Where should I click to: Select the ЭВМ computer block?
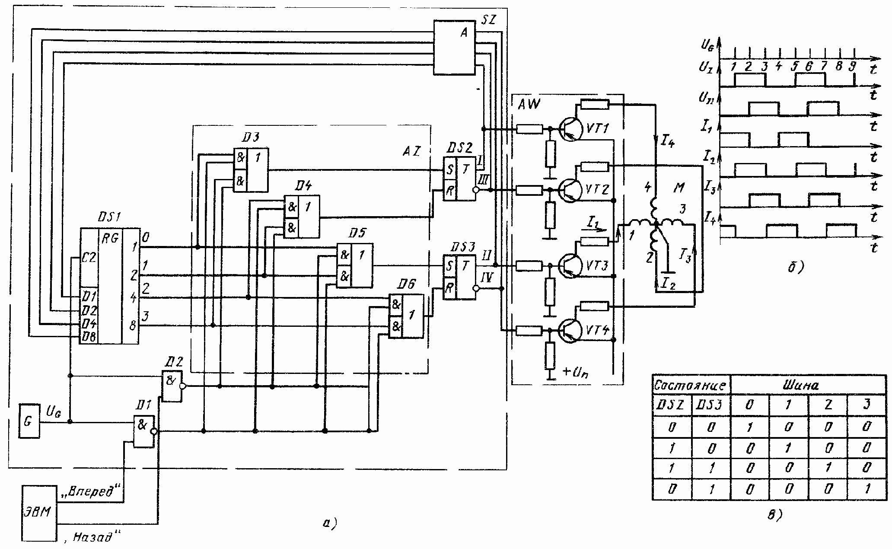click(39, 513)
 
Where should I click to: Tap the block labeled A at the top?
click(454, 48)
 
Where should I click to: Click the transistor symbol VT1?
click(567, 128)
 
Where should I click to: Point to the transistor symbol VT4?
click(567, 331)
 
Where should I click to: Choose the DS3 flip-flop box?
click(459, 277)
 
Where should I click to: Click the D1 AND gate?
click(143, 431)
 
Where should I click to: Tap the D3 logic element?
click(251, 169)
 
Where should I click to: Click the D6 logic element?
click(406, 316)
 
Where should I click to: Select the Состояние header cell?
click(691, 385)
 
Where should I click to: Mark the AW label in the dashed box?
click(529, 104)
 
